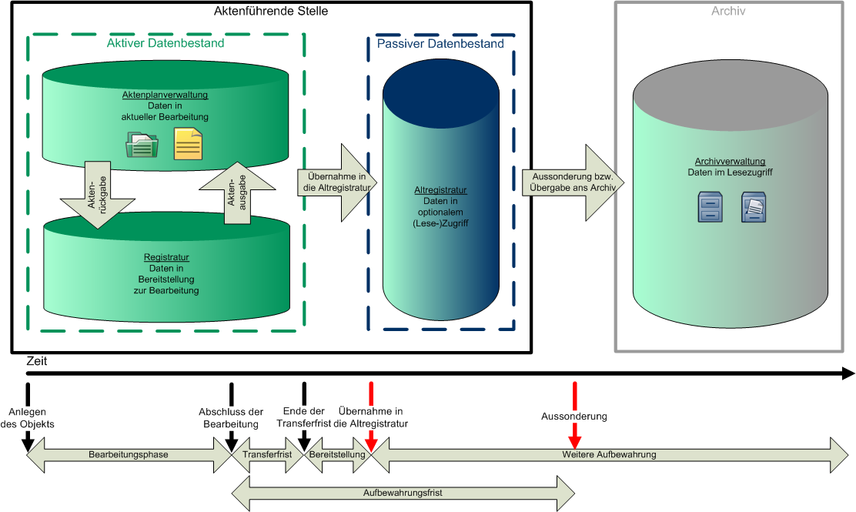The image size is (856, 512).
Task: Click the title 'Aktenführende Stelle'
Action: pos(271,11)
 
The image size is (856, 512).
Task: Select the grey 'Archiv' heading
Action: pos(728,12)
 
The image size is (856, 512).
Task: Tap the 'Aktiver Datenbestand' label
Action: pos(166,43)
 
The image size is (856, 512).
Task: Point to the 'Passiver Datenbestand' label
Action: pos(440,44)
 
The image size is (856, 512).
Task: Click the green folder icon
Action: pos(142,144)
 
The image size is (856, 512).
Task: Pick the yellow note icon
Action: pos(188,144)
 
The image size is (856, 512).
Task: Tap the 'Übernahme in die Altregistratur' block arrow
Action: pos(333,182)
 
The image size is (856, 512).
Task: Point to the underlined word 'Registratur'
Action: pos(166,257)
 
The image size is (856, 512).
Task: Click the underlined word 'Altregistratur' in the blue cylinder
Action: pos(440,189)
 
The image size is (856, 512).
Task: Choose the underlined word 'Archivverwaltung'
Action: pos(730,162)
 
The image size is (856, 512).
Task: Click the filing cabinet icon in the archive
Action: pos(710,208)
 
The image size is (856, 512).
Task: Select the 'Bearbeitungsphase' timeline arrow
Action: pos(129,455)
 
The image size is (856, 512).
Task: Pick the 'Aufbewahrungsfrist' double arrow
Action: pos(403,494)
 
